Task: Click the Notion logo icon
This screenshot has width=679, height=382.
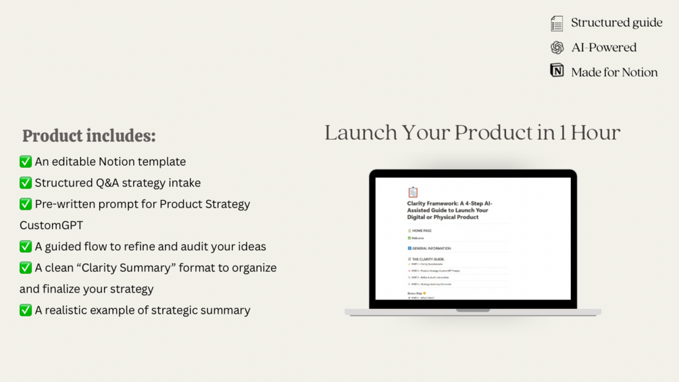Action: click(557, 70)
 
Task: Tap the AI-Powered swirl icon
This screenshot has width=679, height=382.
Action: click(557, 47)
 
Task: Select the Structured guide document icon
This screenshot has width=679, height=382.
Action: click(557, 24)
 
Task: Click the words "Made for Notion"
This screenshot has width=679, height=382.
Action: click(614, 72)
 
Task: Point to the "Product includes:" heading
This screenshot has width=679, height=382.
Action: click(89, 136)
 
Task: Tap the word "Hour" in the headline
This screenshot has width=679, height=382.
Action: click(595, 133)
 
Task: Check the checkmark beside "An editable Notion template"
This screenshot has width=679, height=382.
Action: click(26, 162)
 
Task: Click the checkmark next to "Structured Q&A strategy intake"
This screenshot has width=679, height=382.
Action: click(26, 183)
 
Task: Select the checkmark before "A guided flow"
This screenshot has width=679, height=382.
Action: click(26, 246)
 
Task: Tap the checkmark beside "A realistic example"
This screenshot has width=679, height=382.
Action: click(26, 310)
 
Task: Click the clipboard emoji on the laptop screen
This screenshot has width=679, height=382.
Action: click(413, 193)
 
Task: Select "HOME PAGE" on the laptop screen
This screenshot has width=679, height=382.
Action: click(422, 231)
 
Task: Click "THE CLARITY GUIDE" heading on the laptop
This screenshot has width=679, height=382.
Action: click(428, 259)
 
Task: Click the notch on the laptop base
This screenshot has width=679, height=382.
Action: click(473, 310)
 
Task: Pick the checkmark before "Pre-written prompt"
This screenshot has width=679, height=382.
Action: click(26, 204)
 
